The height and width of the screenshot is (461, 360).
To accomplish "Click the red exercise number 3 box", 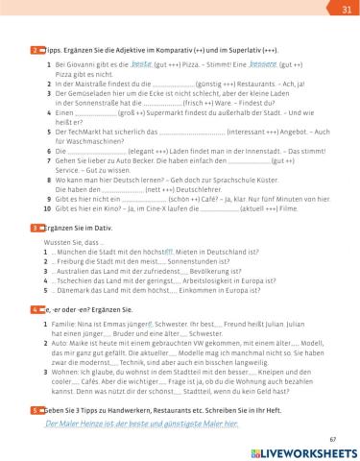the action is point(36,228).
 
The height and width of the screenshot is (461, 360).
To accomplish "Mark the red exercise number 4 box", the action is point(36,311).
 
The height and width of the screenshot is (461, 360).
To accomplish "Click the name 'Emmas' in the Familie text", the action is point(128,326).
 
